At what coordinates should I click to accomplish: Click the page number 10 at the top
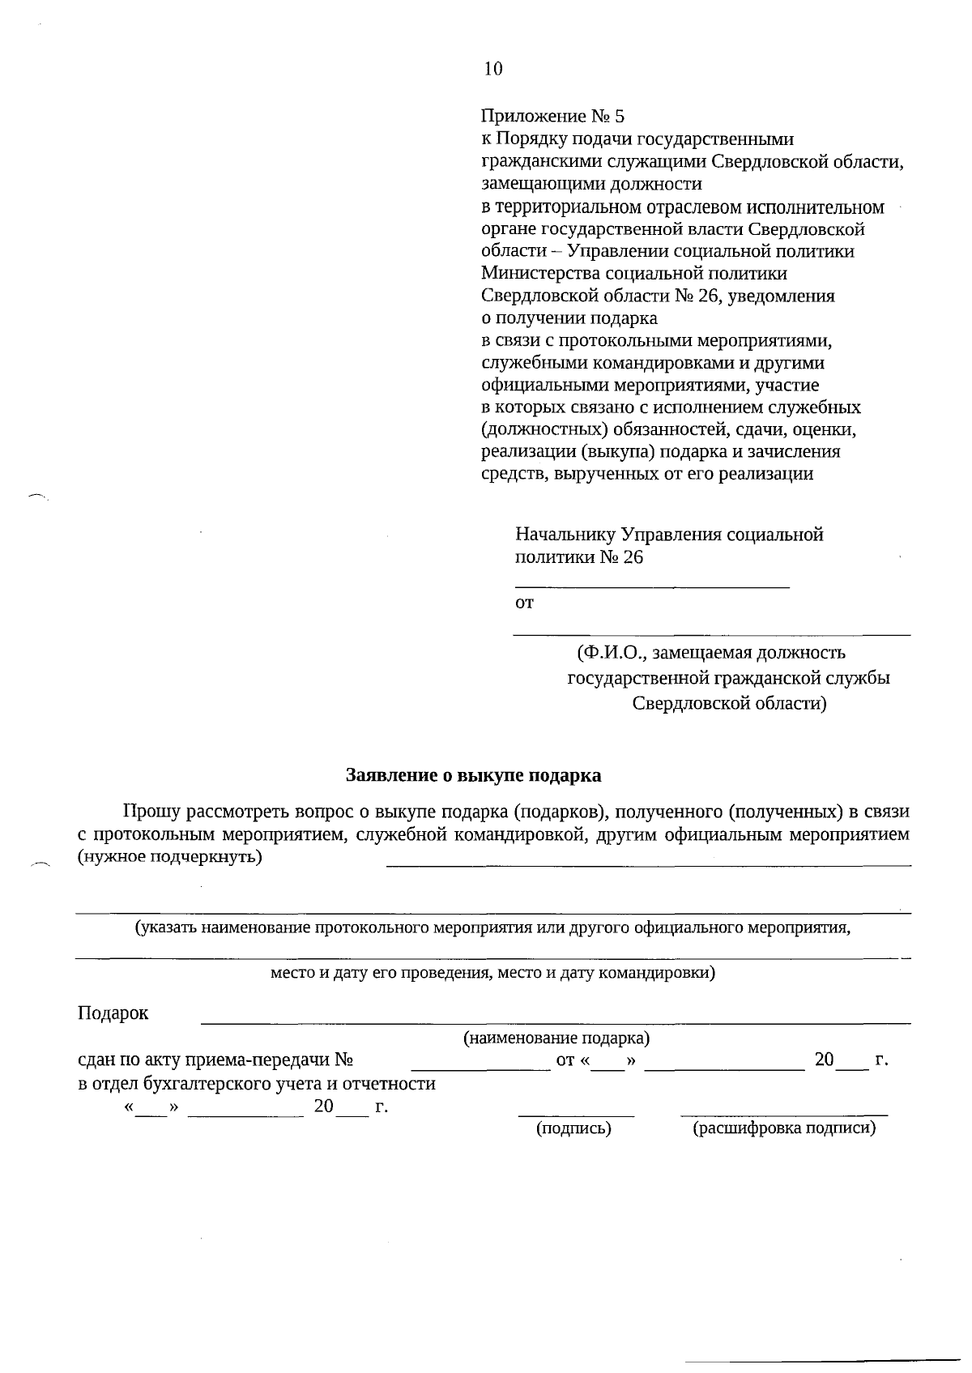[x=492, y=69]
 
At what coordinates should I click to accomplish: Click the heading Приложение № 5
[x=552, y=117]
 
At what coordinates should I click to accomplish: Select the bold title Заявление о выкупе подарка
[x=474, y=775]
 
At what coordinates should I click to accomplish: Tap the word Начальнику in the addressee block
[x=565, y=535]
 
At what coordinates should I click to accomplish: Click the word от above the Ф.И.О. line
[x=524, y=603]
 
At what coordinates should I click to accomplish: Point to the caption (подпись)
[x=573, y=1128]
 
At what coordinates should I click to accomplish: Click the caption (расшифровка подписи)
[x=784, y=1128]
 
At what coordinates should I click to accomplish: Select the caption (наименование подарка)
[x=556, y=1038]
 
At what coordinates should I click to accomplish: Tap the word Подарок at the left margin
[x=113, y=1013]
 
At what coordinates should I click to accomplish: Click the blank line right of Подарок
[x=555, y=1022]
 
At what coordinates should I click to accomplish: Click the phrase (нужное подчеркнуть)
[x=169, y=857]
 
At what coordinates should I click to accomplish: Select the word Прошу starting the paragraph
[x=151, y=812]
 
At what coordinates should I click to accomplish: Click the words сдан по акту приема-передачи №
[x=215, y=1060]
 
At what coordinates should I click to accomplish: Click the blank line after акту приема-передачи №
[x=481, y=1069]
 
